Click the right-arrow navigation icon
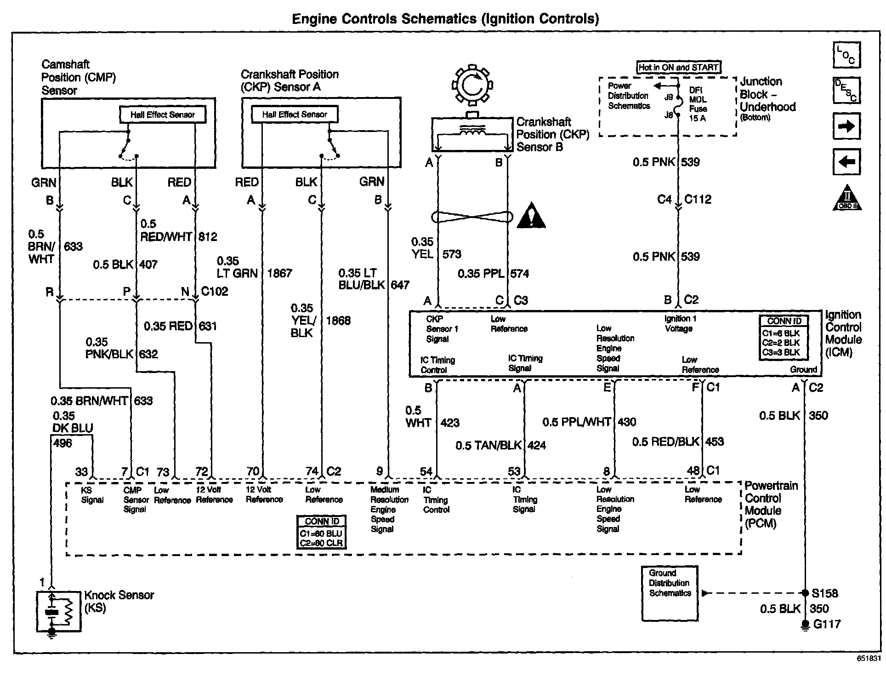click(x=846, y=126)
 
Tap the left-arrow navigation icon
click(x=846, y=162)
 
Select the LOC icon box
click(x=846, y=55)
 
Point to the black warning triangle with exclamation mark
click(x=531, y=216)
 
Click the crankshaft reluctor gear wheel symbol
click(x=472, y=86)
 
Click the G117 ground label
click(x=826, y=624)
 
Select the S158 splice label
click(x=824, y=593)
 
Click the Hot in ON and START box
click(x=679, y=67)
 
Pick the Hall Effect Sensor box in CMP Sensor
click(x=162, y=115)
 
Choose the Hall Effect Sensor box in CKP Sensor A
click(x=295, y=115)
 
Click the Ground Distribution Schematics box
click(x=670, y=593)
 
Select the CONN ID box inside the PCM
click(x=322, y=532)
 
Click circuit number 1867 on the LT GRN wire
click(x=279, y=273)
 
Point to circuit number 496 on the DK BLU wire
click(x=62, y=443)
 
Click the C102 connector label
click(x=215, y=292)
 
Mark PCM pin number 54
click(x=426, y=471)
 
